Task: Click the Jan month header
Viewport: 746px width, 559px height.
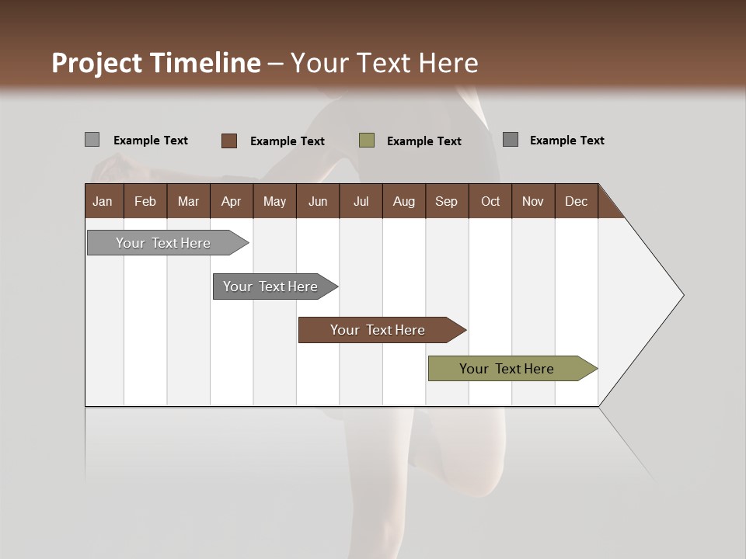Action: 103,201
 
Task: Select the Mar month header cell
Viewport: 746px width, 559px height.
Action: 188,201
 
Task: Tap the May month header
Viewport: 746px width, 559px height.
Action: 274,201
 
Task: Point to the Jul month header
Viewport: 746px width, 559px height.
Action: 361,201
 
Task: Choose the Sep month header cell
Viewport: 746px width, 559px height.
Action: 446,201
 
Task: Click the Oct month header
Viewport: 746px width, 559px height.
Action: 490,201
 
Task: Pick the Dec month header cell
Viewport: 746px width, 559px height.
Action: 576,201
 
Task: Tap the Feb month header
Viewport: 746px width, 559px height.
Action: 145,201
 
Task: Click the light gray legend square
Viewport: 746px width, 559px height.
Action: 92,140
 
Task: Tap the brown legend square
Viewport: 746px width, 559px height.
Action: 228,141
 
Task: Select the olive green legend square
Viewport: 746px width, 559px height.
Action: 367,141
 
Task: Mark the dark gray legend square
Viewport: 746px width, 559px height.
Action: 510,140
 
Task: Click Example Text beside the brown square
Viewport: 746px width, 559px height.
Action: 288,141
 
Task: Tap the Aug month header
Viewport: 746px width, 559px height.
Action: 403,201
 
